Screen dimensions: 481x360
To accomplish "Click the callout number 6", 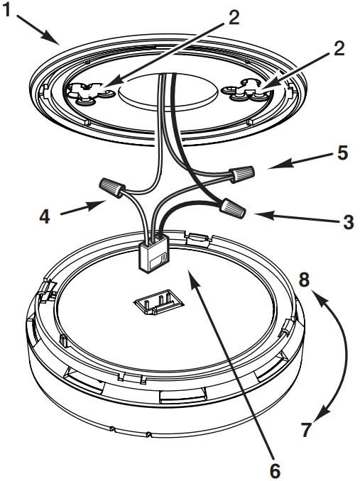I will tap(274, 469).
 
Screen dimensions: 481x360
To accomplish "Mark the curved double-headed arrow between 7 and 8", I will tap(343, 355).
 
